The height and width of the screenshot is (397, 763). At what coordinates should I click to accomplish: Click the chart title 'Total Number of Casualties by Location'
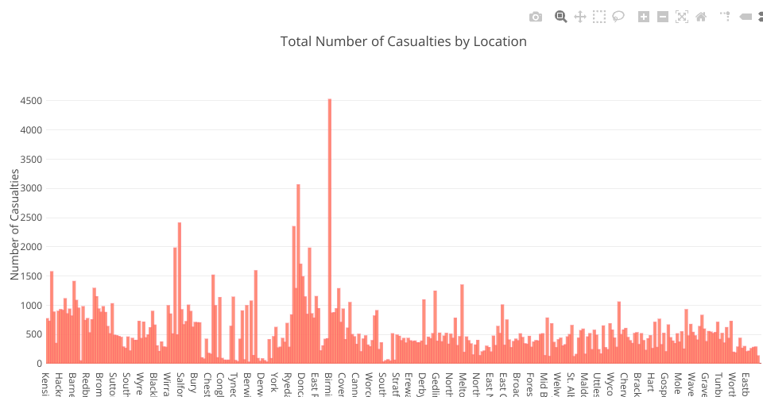pos(403,41)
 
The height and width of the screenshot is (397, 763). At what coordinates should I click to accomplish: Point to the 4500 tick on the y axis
pos(32,101)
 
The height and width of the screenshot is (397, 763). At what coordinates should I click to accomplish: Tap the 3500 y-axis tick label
pos(32,160)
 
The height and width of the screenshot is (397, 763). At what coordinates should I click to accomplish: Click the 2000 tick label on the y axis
pos(32,247)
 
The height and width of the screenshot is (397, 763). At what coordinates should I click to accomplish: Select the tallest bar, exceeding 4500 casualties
pos(330,230)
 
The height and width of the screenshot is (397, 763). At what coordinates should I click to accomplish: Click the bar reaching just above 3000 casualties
pos(298,274)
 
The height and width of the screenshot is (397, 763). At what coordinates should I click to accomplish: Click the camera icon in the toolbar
pos(536,17)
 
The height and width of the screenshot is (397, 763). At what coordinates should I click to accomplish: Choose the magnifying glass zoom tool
pos(560,17)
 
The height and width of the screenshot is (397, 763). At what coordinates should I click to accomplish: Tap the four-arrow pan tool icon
pos(580,17)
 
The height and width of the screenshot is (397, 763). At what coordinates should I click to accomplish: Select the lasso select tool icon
pos(618,17)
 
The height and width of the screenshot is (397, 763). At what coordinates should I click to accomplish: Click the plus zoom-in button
pos(644,17)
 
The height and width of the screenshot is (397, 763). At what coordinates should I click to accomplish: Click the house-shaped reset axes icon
pos(701,17)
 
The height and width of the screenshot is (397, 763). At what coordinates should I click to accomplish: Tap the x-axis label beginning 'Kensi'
pos(45,382)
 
